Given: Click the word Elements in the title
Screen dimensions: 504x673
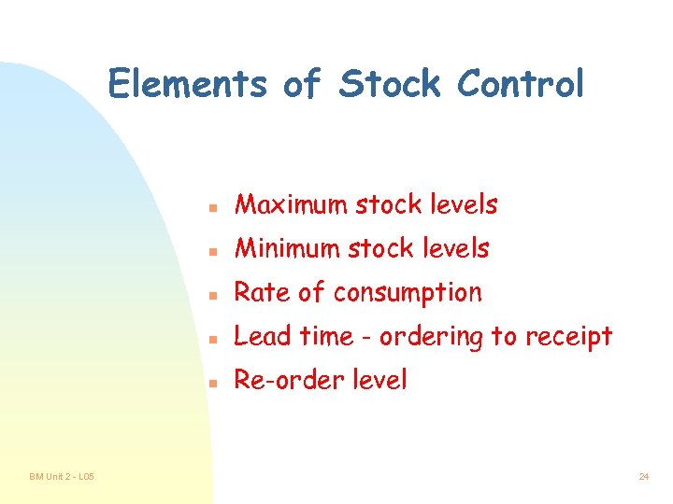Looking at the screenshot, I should point(187,84).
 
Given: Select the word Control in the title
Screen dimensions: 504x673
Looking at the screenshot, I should point(521,84).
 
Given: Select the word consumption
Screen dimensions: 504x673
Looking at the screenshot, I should point(408,293).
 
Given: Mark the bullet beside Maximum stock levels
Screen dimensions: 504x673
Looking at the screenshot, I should point(214,206).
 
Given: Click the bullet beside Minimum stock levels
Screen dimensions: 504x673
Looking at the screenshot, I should point(214,250).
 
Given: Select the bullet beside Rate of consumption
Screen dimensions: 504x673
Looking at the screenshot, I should point(214,294).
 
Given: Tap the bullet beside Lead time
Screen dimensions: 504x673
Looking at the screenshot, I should point(214,338).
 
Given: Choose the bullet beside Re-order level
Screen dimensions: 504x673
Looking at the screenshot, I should point(214,382).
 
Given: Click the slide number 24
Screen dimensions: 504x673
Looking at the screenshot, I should point(644,477).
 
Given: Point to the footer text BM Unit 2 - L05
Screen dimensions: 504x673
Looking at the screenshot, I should point(61,477).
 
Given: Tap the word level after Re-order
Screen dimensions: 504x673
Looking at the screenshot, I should point(377,380).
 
